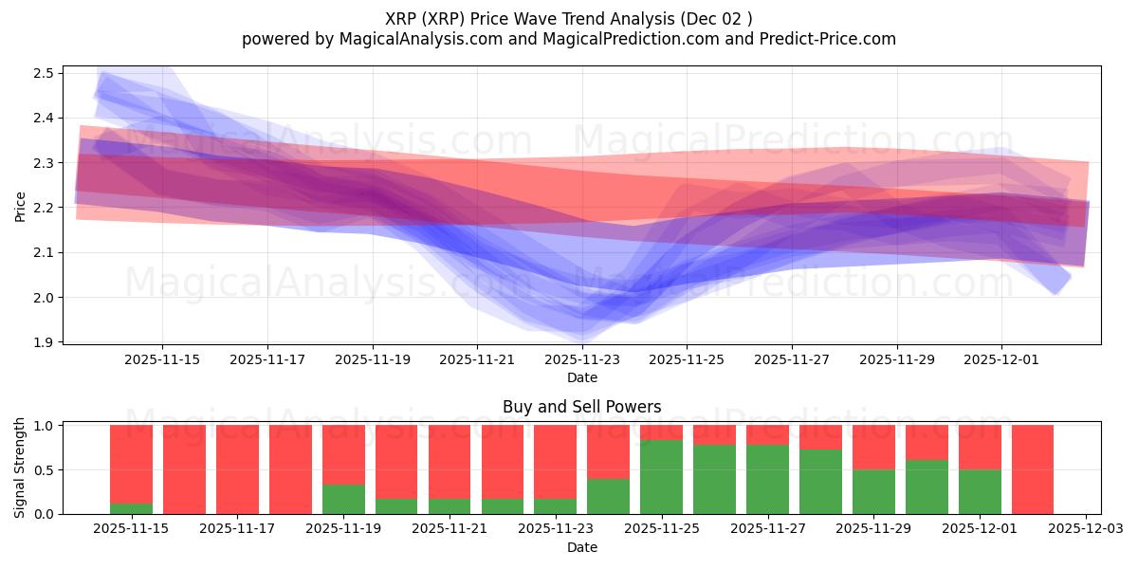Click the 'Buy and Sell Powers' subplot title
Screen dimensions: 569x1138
[x=581, y=407]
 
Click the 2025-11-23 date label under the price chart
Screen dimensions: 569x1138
[x=582, y=359]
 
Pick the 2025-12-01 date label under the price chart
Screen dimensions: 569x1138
[x=1002, y=359]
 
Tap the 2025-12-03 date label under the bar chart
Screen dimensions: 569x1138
[x=1085, y=529]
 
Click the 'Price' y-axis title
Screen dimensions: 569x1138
[x=20, y=206]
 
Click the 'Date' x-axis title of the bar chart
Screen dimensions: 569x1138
[x=581, y=547]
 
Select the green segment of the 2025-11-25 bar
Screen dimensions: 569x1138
[x=661, y=477]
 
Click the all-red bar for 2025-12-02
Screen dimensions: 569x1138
[x=1032, y=469]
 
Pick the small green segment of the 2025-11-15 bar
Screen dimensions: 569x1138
[x=131, y=508]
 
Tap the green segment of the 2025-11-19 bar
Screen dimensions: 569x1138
[x=343, y=499]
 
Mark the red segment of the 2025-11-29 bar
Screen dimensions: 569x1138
[x=872, y=447]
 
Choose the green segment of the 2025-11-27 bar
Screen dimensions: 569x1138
[x=767, y=480]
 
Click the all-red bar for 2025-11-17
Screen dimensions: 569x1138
[x=237, y=469]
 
